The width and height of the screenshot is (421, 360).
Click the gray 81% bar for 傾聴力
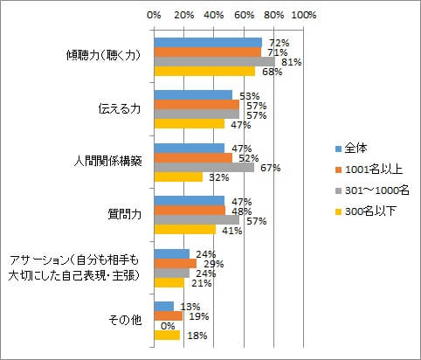214,62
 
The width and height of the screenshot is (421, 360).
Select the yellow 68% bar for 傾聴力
204,72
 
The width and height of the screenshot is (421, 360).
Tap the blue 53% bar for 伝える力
193,94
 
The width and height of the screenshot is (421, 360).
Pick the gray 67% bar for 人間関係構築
204,167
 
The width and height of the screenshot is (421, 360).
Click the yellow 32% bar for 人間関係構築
177,177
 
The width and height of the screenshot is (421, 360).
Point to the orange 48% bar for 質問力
190,211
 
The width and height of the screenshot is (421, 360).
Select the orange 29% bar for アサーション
175,263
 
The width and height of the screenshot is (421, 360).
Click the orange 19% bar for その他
168,315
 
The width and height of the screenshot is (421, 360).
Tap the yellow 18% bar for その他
167,335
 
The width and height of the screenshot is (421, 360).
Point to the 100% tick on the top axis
304,15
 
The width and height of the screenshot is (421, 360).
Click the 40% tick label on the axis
214,15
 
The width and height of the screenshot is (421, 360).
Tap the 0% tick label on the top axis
154,15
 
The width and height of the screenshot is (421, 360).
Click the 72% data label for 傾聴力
279,42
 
